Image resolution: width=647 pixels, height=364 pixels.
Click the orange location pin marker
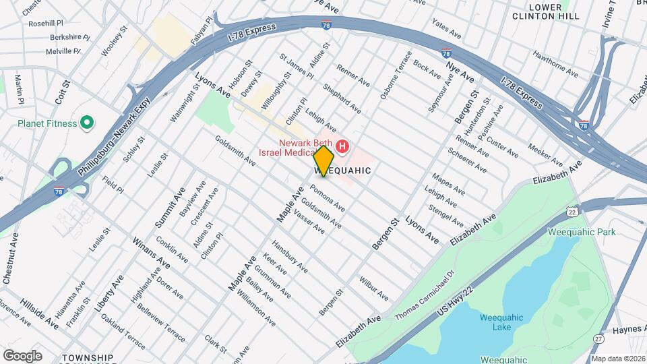(x=324, y=161)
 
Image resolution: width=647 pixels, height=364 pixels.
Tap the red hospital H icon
(x=343, y=146)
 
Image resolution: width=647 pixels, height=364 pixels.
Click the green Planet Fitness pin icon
(x=86, y=123)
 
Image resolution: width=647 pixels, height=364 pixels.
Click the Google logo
(x=22, y=355)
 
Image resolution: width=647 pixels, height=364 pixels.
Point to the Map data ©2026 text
(x=617, y=359)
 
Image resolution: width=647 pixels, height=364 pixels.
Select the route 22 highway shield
(x=573, y=211)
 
